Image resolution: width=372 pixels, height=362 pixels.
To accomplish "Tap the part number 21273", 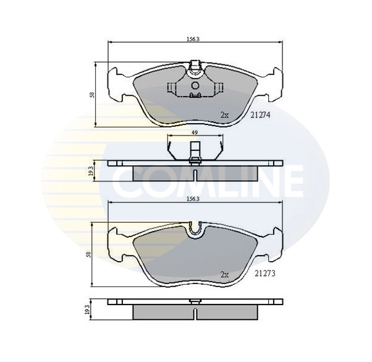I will click(x=264, y=273).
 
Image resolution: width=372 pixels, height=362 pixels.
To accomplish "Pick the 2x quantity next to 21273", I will click(x=225, y=273).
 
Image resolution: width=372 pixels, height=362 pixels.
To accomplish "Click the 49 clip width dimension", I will click(x=194, y=132).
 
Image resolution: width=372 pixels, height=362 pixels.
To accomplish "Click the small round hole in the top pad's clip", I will click(x=195, y=85).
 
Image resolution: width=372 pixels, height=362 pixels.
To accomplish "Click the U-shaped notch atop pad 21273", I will click(x=196, y=230).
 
